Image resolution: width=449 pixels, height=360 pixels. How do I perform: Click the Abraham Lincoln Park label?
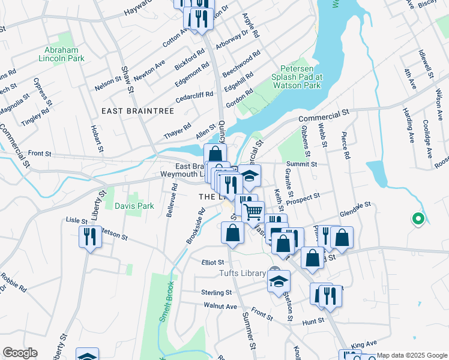coord(64,54)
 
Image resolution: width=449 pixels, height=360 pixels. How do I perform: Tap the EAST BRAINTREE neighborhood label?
coord(137,112)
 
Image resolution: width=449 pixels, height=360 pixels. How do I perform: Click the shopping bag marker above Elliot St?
coord(232,232)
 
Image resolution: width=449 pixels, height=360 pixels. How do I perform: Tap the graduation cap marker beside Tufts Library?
coord(279,281)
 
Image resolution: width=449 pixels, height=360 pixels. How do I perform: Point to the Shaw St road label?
coord(127,80)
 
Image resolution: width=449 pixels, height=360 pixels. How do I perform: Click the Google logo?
coord(20,353)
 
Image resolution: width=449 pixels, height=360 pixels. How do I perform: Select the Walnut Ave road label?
coord(220,306)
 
